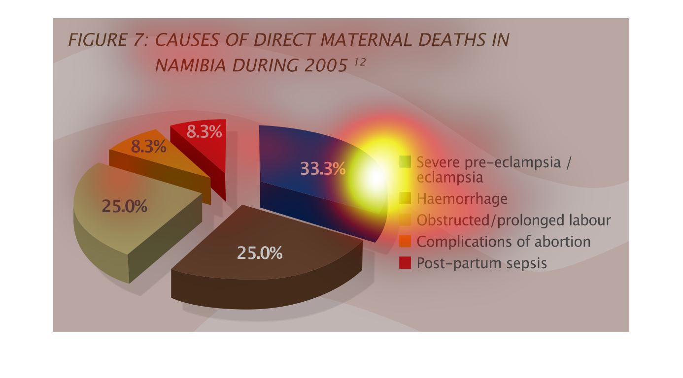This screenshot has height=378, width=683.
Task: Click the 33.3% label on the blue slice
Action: pyautogui.click(x=323, y=168)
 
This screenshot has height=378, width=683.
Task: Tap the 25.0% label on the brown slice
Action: pyautogui.click(x=260, y=253)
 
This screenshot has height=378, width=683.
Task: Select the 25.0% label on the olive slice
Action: pyautogui.click(x=124, y=206)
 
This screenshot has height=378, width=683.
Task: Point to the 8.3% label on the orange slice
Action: pyautogui.click(x=148, y=147)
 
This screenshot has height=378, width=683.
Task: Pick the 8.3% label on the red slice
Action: pyautogui.click(x=204, y=132)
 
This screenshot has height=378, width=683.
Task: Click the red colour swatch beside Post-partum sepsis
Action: pyautogui.click(x=405, y=262)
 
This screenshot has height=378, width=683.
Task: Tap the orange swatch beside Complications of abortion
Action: pyautogui.click(x=405, y=241)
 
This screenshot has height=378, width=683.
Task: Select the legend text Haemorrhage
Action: pyautogui.click(x=462, y=198)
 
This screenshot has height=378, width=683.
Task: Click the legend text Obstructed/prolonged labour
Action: pyautogui.click(x=514, y=220)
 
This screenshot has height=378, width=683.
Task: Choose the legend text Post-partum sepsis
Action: pyautogui.click(x=482, y=263)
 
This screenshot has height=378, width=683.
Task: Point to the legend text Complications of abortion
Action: pyautogui.click(x=504, y=242)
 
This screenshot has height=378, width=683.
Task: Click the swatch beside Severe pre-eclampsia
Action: pyautogui.click(x=405, y=161)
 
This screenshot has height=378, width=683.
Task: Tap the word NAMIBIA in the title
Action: pyautogui.click(x=191, y=65)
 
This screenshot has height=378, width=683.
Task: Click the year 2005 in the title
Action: pyautogui.click(x=326, y=65)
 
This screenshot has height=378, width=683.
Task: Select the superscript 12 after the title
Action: pyautogui.click(x=360, y=62)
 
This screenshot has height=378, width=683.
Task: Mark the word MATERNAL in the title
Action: pyautogui.click(x=366, y=40)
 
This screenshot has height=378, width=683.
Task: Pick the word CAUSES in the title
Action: pyautogui.click(x=187, y=40)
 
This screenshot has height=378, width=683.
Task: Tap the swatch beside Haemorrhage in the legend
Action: pyautogui.click(x=405, y=198)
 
